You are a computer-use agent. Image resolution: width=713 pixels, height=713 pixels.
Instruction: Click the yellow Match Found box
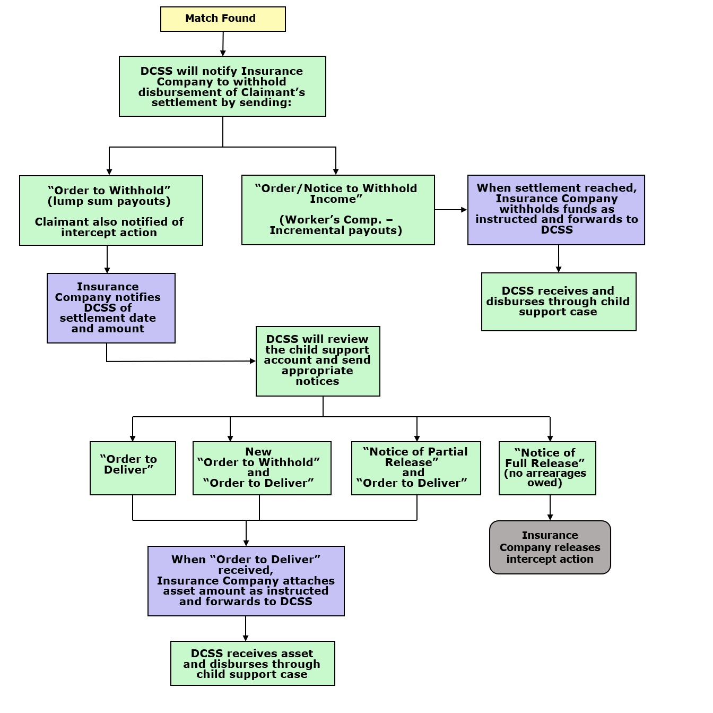[x=223, y=19]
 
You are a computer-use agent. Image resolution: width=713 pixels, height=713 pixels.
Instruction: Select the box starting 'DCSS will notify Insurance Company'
[x=222, y=87]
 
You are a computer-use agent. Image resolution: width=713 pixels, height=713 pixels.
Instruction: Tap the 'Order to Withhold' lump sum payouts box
[x=111, y=210]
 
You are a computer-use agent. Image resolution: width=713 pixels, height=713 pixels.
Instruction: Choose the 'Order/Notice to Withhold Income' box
[x=338, y=210]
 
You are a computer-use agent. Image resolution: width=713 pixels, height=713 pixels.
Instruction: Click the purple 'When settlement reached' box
[x=556, y=210]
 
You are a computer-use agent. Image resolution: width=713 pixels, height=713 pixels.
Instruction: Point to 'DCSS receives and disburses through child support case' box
[x=558, y=302]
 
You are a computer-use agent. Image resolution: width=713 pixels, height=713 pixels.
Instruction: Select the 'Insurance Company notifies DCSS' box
[x=111, y=308]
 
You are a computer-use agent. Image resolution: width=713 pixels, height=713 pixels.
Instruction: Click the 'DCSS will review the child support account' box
[x=318, y=361]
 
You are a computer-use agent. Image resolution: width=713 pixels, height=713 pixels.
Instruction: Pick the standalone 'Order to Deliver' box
[x=133, y=468]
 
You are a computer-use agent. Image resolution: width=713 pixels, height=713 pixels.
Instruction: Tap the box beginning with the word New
[x=262, y=468]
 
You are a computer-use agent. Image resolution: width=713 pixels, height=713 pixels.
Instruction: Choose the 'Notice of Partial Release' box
[x=416, y=468]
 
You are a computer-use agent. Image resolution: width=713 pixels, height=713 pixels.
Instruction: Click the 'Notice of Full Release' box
[x=547, y=468]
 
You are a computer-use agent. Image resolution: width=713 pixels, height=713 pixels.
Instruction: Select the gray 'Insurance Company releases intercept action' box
[x=550, y=547]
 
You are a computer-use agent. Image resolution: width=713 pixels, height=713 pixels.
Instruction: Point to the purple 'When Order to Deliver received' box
[x=246, y=581]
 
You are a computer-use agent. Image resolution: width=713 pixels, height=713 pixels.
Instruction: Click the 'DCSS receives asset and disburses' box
[x=253, y=664]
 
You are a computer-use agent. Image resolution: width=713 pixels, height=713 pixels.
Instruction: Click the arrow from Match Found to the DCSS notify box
[x=223, y=44]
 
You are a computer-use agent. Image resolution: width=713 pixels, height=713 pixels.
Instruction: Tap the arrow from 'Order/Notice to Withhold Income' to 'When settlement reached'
[x=451, y=210]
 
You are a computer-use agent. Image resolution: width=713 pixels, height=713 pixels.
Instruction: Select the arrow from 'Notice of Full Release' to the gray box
[x=550, y=508]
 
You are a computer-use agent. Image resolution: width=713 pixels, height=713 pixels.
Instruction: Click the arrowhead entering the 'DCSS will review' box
[x=253, y=361]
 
